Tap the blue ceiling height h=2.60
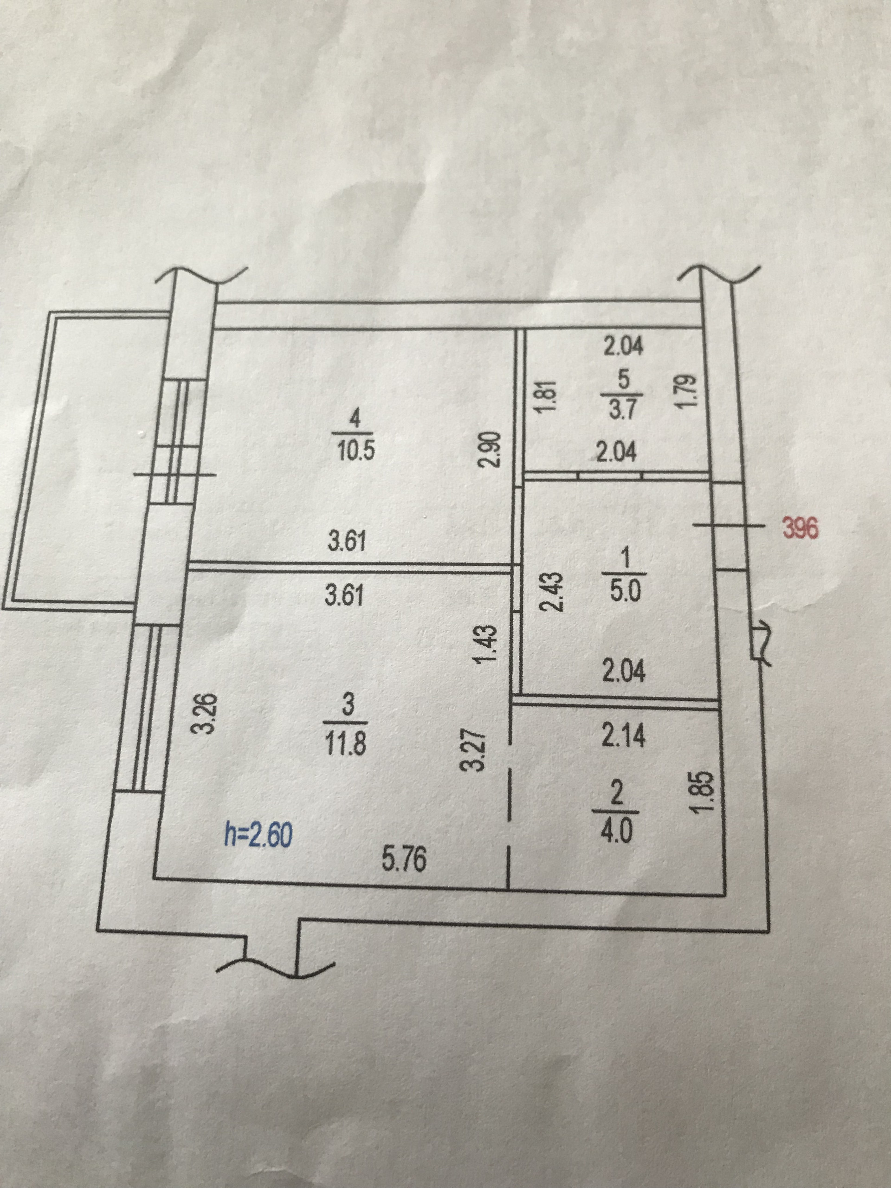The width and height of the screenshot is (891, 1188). [258, 836]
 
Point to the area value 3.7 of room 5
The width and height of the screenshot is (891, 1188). [623, 410]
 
